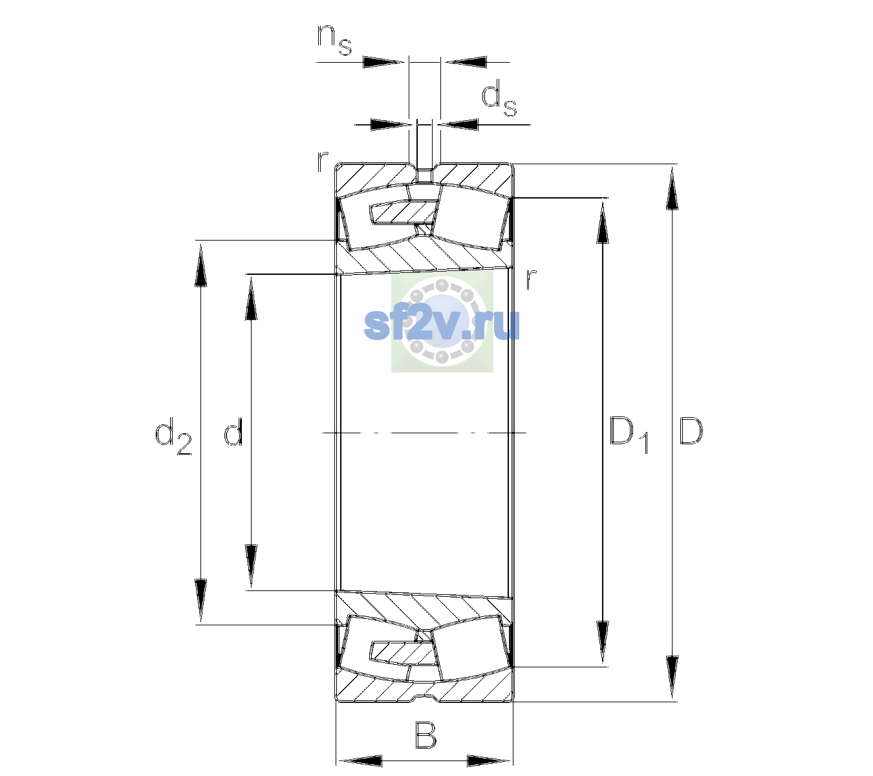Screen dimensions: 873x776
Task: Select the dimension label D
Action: (x=691, y=431)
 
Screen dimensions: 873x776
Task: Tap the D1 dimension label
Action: (x=629, y=434)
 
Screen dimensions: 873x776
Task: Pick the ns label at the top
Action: (x=334, y=39)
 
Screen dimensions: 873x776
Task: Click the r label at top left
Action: (x=322, y=162)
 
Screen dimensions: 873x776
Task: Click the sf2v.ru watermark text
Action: (x=442, y=325)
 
